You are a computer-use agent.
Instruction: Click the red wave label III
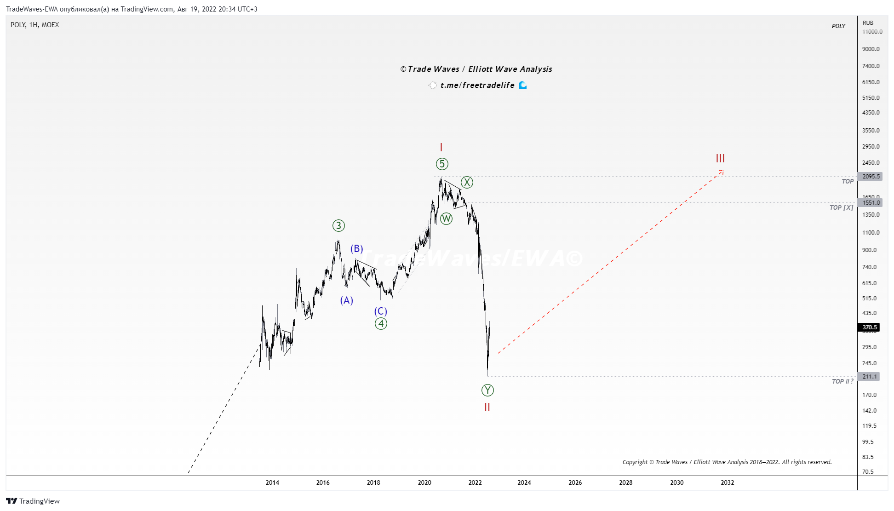[720, 158]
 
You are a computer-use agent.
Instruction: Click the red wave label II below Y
[487, 407]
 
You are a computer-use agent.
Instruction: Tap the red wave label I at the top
[441, 147]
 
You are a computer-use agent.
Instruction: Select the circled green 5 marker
[442, 164]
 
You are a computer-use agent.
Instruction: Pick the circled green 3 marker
[338, 225]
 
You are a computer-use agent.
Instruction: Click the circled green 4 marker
[381, 323]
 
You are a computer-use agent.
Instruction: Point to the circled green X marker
[467, 182]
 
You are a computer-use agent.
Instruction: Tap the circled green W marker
[446, 218]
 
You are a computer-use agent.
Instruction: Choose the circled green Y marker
[487, 390]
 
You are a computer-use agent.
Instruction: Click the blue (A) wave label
[346, 300]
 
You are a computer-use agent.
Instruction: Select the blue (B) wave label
[357, 249]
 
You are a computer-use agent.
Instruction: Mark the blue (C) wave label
[380, 311]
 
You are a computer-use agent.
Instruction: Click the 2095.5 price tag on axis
[871, 177]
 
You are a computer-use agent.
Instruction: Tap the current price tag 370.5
[869, 327]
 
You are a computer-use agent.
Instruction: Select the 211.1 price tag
[869, 377]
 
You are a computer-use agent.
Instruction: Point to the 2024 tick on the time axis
[524, 482]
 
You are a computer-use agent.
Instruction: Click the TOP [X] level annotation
[841, 208]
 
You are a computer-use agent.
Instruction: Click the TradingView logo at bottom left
[33, 501]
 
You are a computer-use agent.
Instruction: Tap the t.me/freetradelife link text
[477, 85]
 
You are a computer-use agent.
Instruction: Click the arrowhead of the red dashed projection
[722, 172]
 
